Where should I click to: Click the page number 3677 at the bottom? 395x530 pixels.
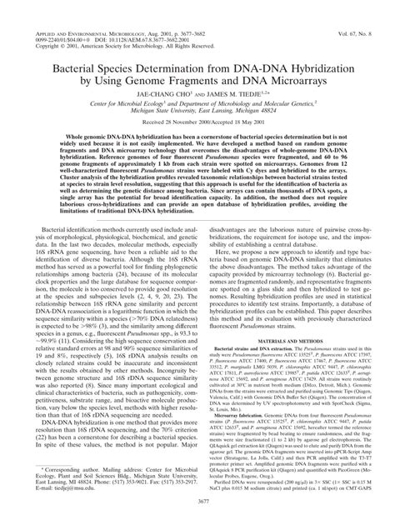click(x=197, y=520)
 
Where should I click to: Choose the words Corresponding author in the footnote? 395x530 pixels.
click(x=49, y=486)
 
